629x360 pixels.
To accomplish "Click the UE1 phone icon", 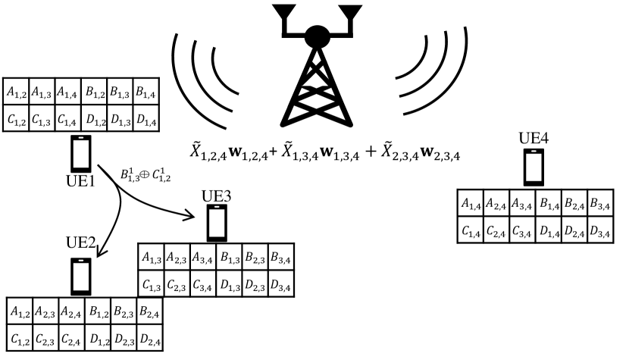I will pyautogui.click(x=81, y=153).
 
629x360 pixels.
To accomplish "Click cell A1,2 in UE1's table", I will pyautogui.click(x=15, y=92).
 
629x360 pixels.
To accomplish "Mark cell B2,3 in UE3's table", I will pyautogui.click(x=255, y=258).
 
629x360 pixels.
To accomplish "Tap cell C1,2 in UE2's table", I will pyautogui.click(x=18, y=337).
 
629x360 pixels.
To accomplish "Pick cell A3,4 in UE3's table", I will pyautogui.click(x=203, y=258).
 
